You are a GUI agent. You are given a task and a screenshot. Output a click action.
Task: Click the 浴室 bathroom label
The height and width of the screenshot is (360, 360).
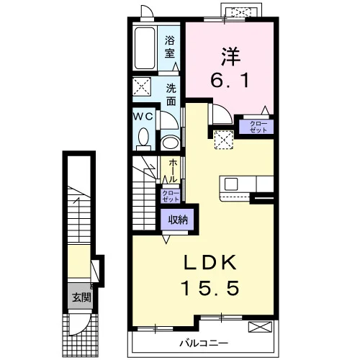(169, 47)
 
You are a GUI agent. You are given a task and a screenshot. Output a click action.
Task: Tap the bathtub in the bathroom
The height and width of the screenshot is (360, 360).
(145, 48)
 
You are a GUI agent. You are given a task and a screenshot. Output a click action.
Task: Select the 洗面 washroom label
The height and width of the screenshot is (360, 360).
(171, 95)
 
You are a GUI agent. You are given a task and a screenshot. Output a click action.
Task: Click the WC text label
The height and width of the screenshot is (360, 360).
(143, 117)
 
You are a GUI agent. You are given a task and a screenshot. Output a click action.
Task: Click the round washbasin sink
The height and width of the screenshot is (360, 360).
(171, 143)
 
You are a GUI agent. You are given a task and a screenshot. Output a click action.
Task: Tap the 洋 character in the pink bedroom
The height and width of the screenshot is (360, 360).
(230, 57)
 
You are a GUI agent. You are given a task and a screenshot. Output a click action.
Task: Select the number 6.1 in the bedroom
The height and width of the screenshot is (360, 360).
(230, 80)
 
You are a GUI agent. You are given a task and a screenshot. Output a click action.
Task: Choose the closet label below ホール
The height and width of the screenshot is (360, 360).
(171, 196)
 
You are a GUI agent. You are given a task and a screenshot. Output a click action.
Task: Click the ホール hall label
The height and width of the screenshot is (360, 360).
(173, 171)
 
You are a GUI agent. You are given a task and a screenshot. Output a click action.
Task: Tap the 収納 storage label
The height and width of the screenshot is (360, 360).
(178, 220)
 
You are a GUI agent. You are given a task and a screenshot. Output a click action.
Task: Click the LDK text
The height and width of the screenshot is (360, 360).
(210, 262)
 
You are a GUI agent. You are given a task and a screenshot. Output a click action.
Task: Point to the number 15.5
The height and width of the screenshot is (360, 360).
(210, 288)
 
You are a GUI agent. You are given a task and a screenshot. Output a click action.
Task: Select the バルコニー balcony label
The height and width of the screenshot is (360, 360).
(204, 343)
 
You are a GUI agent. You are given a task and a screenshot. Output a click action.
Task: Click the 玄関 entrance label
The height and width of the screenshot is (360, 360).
(82, 298)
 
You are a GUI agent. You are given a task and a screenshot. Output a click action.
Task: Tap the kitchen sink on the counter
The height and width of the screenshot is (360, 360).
(231, 184)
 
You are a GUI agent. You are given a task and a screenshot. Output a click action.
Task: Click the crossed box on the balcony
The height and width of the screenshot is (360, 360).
(261, 327)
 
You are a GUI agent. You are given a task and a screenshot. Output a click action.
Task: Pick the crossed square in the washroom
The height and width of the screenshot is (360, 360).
(142, 86)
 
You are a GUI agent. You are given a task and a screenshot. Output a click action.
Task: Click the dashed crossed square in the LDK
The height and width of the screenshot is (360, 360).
(224, 140)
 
